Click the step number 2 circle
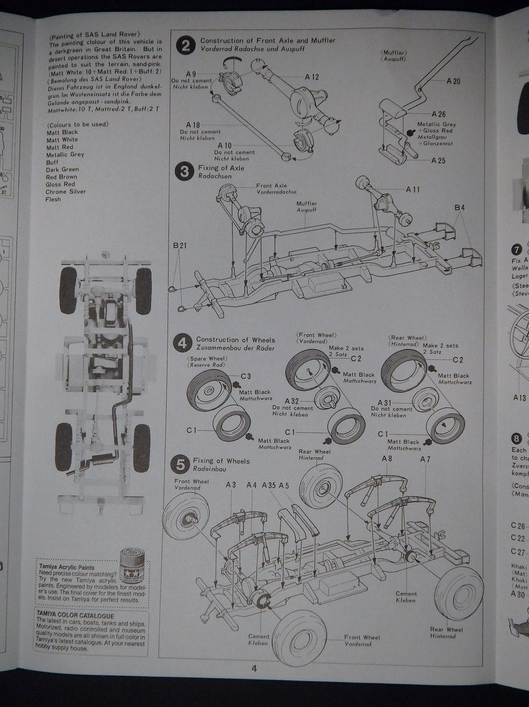pyautogui.click(x=185, y=46)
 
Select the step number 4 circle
pyautogui.click(x=184, y=343)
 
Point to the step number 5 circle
pyautogui.click(x=179, y=464)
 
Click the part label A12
pyautogui.click(x=312, y=77)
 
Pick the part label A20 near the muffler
pyautogui.click(x=453, y=81)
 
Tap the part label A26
pyautogui.click(x=438, y=114)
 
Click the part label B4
pyautogui.click(x=459, y=207)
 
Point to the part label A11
pyautogui.click(x=412, y=190)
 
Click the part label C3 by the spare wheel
pyautogui.click(x=246, y=376)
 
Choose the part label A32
pyautogui.click(x=292, y=401)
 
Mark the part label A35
pyautogui.click(x=269, y=485)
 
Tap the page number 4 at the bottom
pyautogui.click(x=253, y=668)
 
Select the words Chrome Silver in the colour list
pyautogui.click(x=65, y=191)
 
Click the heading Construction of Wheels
pyautogui.click(x=235, y=340)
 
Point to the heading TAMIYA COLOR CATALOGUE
pyautogui.click(x=74, y=616)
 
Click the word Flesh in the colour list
pyautogui.click(x=54, y=199)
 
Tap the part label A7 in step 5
pyautogui.click(x=425, y=459)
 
